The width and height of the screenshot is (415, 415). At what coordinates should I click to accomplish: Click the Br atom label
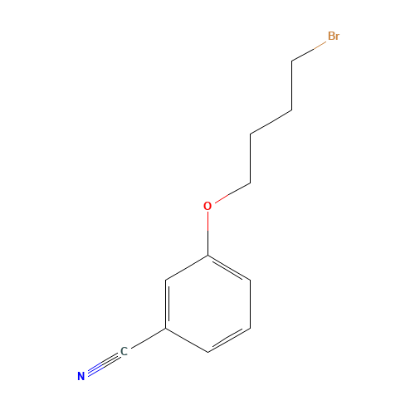click(x=334, y=36)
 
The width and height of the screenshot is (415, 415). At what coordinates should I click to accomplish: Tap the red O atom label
click(x=207, y=206)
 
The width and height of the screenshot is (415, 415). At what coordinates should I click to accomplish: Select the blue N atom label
click(x=81, y=376)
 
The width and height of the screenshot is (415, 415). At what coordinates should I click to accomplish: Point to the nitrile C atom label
click(x=124, y=352)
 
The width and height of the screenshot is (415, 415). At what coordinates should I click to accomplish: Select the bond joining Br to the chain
click(x=309, y=51)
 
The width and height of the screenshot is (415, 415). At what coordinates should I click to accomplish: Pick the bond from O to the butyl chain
click(x=232, y=193)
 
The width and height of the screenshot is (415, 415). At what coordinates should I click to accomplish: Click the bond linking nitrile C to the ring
click(x=149, y=338)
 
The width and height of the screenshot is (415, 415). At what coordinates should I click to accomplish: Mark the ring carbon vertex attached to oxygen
click(x=207, y=255)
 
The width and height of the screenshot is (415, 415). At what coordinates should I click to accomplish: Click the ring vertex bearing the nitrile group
click(x=166, y=328)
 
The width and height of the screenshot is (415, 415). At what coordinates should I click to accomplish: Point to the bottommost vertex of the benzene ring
click(x=207, y=353)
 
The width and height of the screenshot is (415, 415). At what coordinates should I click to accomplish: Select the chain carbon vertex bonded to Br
click(x=292, y=61)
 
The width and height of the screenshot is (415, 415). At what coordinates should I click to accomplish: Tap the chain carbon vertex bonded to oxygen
click(x=251, y=183)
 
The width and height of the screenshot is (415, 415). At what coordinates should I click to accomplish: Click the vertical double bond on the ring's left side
click(x=167, y=304)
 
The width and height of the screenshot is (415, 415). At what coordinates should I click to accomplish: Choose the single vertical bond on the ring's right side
click(x=250, y=304)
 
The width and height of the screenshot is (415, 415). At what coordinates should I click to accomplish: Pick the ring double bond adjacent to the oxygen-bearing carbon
click(x=228, y=268)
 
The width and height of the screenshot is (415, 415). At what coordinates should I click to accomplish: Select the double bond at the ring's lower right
click(x=228, y=339)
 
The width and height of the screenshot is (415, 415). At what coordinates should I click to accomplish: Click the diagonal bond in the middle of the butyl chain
click(x=271, y=123)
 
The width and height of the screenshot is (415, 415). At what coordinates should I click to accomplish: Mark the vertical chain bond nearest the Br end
click(x=292, y=85)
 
